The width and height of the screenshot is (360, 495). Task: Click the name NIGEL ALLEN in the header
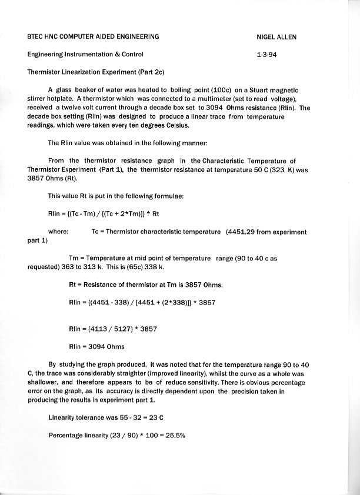point(276,37)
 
